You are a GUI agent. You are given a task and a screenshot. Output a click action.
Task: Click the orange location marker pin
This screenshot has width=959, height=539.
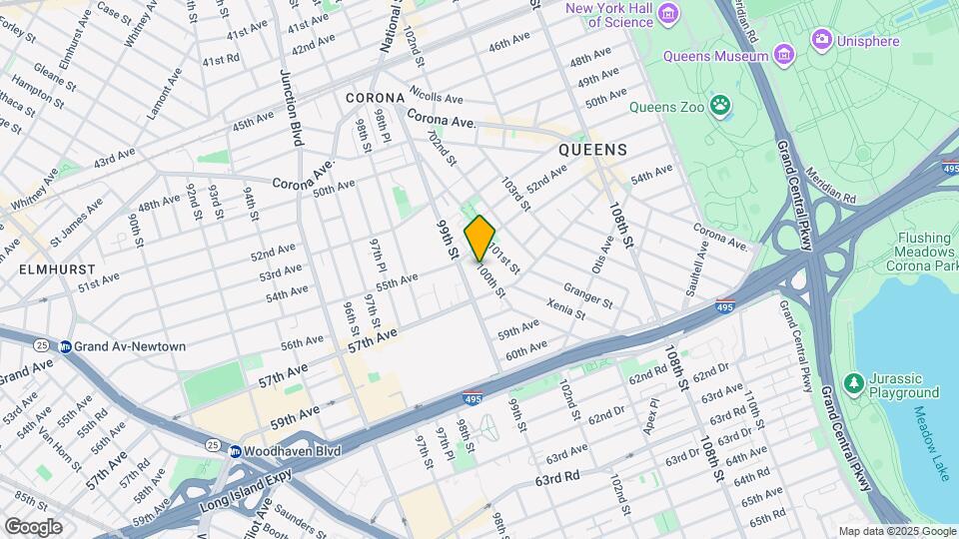click(x=479, y=238)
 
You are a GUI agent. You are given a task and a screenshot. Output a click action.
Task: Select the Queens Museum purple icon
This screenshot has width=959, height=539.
click(x=784, y=52)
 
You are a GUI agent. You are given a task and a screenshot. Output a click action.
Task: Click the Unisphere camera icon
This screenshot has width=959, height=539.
click(x=822, y=41)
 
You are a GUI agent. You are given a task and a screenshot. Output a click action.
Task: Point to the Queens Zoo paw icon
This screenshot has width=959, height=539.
click(x=720, y=106)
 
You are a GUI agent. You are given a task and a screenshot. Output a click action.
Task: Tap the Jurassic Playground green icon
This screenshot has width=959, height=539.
click(x=853, y=384)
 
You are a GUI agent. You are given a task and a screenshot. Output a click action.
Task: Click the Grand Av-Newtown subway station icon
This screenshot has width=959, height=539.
click(x=66, y=346)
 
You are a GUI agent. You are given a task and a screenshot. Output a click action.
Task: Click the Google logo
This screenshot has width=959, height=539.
click(x=33, y=526)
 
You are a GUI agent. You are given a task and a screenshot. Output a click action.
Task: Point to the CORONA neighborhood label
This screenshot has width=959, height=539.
click(x=375, y=98)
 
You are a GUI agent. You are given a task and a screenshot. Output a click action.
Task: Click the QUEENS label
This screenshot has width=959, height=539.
click(x=592, y=150)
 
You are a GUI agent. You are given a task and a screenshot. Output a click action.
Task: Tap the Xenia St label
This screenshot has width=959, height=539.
click(x=566, y=310)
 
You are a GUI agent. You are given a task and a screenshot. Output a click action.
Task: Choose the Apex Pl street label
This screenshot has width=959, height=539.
click(x=654, y=417)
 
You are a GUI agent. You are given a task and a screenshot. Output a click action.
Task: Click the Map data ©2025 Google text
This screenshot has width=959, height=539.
click(x=895, y=531)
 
